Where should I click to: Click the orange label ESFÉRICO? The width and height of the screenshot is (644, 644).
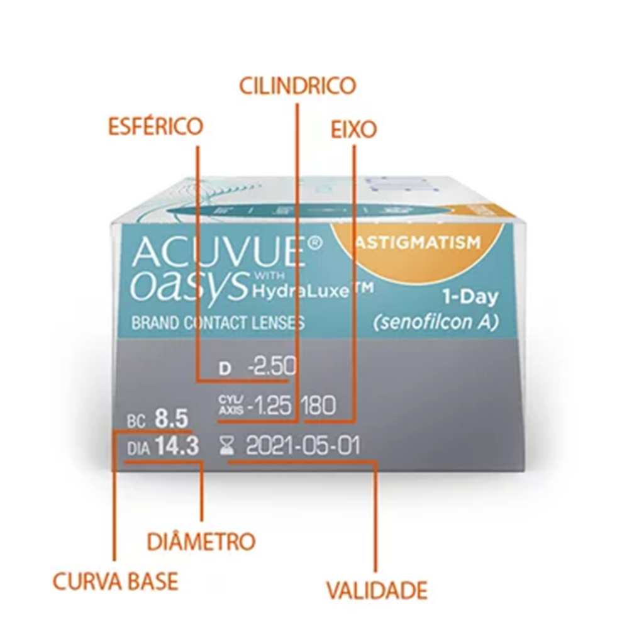pos(155,125)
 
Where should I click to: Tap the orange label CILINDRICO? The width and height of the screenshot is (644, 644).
pos(297,85)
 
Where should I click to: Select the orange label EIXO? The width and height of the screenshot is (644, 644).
pos(353,129)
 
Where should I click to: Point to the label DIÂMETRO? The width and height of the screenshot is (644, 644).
pos(201,541)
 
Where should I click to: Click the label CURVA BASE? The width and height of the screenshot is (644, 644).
pos(115,581)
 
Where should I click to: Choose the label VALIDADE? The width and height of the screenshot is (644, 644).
pos(376,590)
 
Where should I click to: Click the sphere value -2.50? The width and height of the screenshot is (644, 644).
pos(272,368)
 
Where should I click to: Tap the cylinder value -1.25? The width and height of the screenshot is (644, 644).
pos(270,406)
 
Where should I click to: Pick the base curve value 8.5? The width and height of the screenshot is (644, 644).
pos(170,419)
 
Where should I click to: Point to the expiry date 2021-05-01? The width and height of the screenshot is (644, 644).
pos(303,447)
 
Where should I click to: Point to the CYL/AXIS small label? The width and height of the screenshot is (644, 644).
pos(228,406)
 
